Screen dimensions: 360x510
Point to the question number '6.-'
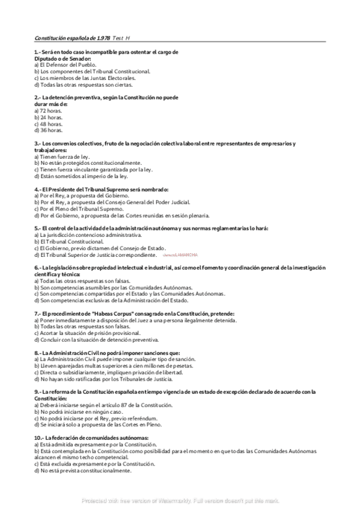tap(38, 267)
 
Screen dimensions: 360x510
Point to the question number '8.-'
tap(38, 352)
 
